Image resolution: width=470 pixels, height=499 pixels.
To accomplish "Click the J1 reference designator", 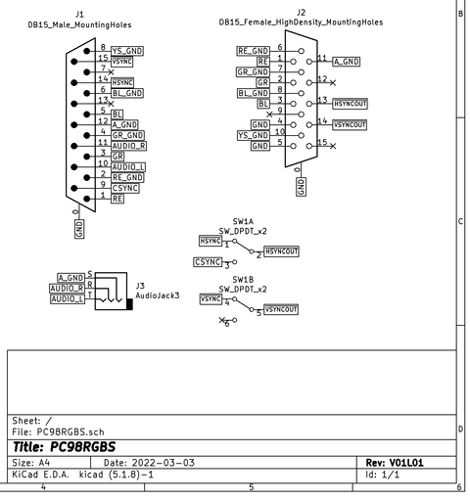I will [79, 15].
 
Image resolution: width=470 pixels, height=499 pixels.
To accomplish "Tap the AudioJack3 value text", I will [157, 295].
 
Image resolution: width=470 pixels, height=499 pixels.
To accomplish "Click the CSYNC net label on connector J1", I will [126, 186].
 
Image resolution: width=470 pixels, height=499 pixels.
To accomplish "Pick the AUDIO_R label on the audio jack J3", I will [69, 288].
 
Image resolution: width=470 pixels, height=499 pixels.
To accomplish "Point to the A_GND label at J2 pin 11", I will [347, 61].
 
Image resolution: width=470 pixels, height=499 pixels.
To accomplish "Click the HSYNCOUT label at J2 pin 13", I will [350, 103].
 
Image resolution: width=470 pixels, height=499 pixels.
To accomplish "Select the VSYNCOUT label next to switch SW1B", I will [281, 309].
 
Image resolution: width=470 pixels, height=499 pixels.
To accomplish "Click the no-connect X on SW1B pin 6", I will [222, 320].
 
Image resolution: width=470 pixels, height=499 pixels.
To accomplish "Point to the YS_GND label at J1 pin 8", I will [127, 49].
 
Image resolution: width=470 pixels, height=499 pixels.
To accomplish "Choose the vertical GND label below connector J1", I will [79, 228].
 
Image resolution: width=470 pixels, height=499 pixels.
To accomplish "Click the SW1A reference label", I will [244, 222].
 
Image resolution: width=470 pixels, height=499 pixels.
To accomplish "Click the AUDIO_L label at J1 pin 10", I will [128, 165].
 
